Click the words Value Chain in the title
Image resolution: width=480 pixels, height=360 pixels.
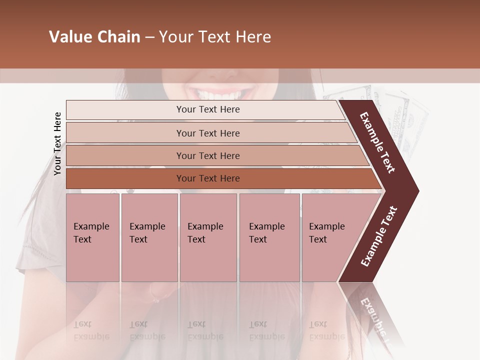(94, 37)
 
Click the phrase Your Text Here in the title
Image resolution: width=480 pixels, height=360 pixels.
(215, 37)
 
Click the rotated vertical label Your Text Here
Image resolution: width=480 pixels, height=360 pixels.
(57, 143)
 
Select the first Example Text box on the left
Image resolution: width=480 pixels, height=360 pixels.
(92, 237)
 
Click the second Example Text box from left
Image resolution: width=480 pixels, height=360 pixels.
(149, 237)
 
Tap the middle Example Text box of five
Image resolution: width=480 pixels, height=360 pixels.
(208, 237)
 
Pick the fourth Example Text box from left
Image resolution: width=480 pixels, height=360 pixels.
(269, 237)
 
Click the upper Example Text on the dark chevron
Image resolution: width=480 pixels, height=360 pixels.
(377, 142)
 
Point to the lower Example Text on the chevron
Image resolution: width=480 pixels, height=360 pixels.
(379, 236)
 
